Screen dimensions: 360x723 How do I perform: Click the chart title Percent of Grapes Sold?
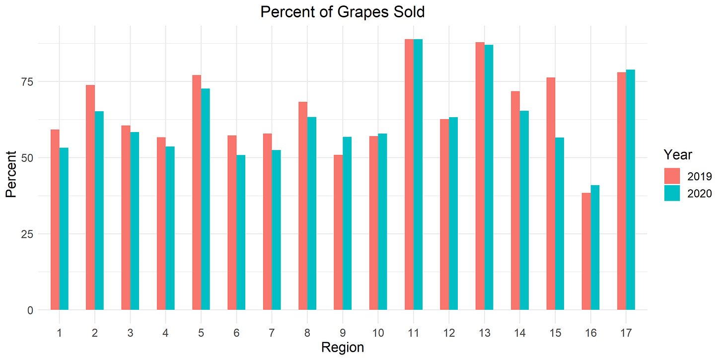pyautogui.click(x=343, y=12)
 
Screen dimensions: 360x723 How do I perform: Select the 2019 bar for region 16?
pyautogui.click(x=586, y=251)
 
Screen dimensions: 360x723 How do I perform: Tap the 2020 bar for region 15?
pyautogui.click(x=560, y=223)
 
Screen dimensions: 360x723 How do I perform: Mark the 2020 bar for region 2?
pyautogui.click(x=99, y=211)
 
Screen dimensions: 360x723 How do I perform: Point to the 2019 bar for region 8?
pyautogui.click(x=303, y=206)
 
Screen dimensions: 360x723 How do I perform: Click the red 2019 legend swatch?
pyautogui.click(x=672, y=176)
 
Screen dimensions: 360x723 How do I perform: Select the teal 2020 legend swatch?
pyautogui.click(x=672, y=193)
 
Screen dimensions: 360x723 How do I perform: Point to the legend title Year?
pyautogui.click(x=678, y=154)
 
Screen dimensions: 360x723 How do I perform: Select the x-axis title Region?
pyautogui.click(x=343, y=347)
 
